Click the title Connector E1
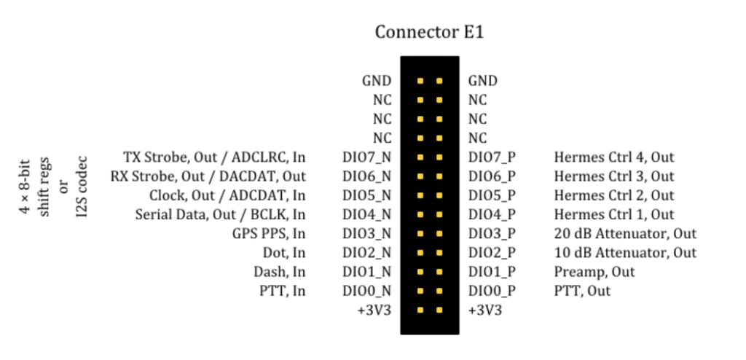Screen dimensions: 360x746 429,33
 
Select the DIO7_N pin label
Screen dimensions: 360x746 366,157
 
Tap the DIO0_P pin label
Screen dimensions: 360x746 492,291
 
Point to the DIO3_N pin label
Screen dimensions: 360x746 366,234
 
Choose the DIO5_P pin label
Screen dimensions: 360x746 492,196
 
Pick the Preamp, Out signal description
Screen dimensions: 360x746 594,272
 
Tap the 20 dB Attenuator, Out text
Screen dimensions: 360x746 625,234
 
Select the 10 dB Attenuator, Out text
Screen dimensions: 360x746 625,253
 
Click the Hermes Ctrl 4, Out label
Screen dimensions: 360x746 614,157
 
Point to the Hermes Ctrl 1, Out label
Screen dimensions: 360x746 614,215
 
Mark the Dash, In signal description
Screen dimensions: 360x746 281,272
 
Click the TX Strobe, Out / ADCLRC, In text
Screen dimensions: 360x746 215,157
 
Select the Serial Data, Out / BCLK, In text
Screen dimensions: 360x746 220,215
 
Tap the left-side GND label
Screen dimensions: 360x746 377,81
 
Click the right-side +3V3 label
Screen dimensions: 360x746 484,310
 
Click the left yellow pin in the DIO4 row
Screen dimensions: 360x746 420,215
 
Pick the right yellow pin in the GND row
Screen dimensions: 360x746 439,81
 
